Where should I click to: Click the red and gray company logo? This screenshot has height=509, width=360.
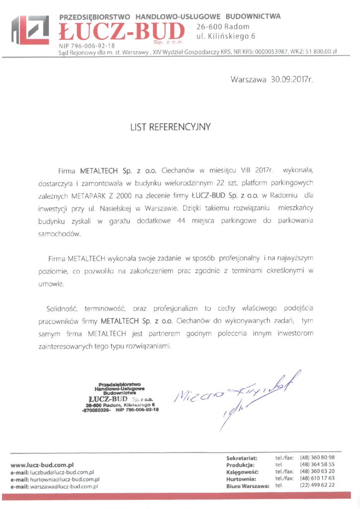coord(29,31)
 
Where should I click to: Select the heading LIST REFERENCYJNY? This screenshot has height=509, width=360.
coord(171,127)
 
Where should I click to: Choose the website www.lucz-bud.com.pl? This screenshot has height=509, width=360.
coord(42,465)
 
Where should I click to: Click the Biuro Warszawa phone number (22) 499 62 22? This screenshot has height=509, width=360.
coord(317,485)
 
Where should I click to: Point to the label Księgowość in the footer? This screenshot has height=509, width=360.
coord(241,471)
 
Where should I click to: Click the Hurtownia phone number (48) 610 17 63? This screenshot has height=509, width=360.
coord(317,478)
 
